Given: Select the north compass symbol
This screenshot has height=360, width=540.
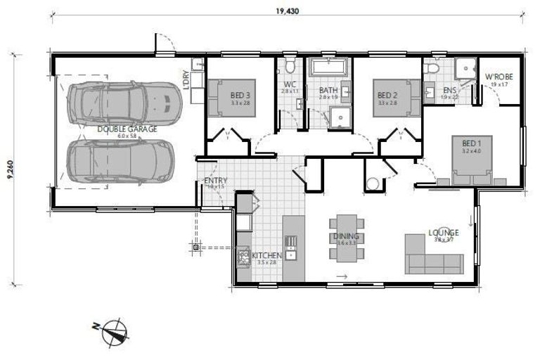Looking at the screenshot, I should [x=115, y=331].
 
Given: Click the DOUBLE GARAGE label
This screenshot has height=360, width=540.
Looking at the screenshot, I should [x=127, y=129].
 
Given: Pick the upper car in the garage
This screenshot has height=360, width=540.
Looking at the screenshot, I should [x=125, y=103].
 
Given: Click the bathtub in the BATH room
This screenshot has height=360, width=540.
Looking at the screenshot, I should [x=328, y=69].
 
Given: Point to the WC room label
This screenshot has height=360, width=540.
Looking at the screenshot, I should [x=290, y=84].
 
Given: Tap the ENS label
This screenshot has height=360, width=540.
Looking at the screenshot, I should [x=449, y=91].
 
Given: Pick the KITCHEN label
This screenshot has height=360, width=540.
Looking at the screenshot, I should [x=266, y=255].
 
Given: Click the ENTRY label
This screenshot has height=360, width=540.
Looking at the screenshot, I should [x=214, y=181].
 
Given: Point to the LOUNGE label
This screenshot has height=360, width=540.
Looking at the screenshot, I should [x=444, y=233].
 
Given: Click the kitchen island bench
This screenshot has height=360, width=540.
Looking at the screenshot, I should [x=294, y=246].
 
